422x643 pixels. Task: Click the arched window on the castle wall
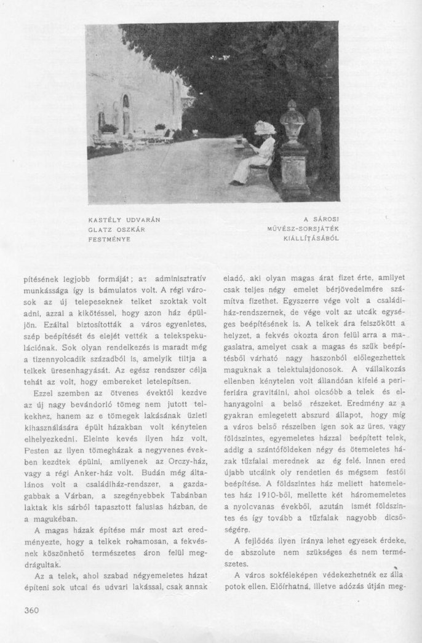pyautogui.click(x=125, y=101)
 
